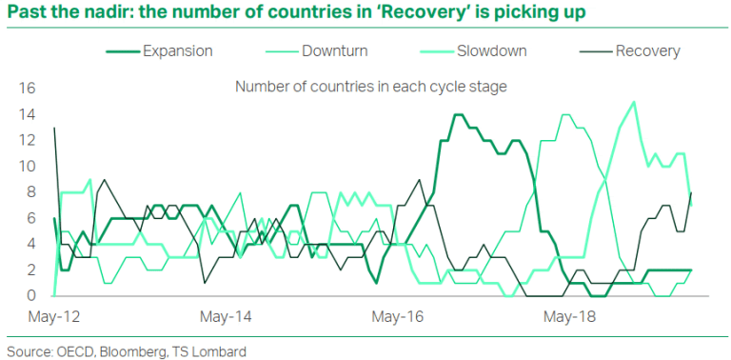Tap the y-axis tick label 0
pos(30,296)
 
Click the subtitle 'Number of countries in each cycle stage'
pos(370,87)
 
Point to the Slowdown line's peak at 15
pos(634,102)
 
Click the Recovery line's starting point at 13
pos(54,128)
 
